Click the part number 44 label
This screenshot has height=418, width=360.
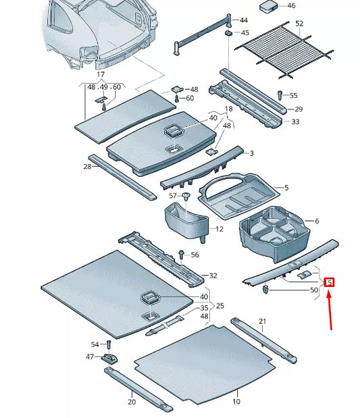coord(244,21)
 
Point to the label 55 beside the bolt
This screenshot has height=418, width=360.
coord(293,96)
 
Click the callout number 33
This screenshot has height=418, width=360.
coord(295,122)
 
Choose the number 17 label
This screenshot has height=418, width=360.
coord(101,74)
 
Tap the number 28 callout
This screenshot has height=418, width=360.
coord(88,166)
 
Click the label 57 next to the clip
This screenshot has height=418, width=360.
coord(173,196)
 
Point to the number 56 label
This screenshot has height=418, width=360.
coord(195,255)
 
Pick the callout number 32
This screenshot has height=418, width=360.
coord(213,276)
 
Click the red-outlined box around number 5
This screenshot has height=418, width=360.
coord(329,282)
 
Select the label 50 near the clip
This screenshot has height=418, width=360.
coord(313,290)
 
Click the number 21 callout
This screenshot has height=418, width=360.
coord(263,321)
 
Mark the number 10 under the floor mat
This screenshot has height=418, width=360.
coord(236,401)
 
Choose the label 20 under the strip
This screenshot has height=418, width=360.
coord(132,401)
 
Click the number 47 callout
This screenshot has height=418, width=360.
coord(89,357)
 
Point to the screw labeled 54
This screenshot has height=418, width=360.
coord(107,346)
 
